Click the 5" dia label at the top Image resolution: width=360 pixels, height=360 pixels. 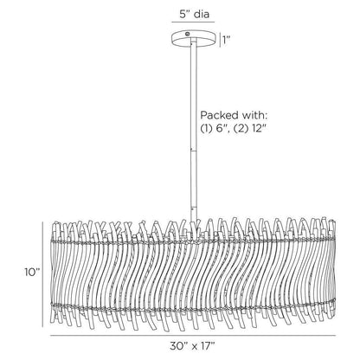pyautogui.click(x=194, y=14)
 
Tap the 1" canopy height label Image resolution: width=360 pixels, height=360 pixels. pyautogui.click(x=227, y=41)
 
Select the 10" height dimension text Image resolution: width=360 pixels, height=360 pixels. pyautogui.click(x=32, y=272)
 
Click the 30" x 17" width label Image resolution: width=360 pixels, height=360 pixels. pyautogui.click(x=192, y=346)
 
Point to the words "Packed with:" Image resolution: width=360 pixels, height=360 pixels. pyautogui.click(x=234, y=115)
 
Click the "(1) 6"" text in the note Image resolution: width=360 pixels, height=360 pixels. pyautogui.click(x=215, y=128)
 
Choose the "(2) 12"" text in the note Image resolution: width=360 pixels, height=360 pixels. pyautogui.click(x=249, y=128)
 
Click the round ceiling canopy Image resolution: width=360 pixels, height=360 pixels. pyautogui.click(x=194, y=38)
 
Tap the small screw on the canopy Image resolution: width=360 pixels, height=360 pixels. pyautogui.click(x=188, y=34)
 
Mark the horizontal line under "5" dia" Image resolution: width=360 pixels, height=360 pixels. pyautogui.click(x=193, y=22)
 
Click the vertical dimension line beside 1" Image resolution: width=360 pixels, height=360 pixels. pyautogui.click(x=220, y=40)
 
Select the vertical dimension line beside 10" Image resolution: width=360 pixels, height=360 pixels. pyautogui.click(x=43, y=274)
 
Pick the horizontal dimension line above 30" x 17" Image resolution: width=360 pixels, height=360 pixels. pyautogui.click(x=193, y=336)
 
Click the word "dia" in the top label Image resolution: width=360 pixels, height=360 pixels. pyautogui.click(x=202, y=14)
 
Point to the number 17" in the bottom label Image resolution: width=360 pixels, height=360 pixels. pyautogui.click(x=208, y=346)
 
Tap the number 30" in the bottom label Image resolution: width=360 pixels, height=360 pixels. pyautogui.click(x=178, y=346)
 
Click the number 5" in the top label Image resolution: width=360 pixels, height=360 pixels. pyautogui.click(x=185, y=14)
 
